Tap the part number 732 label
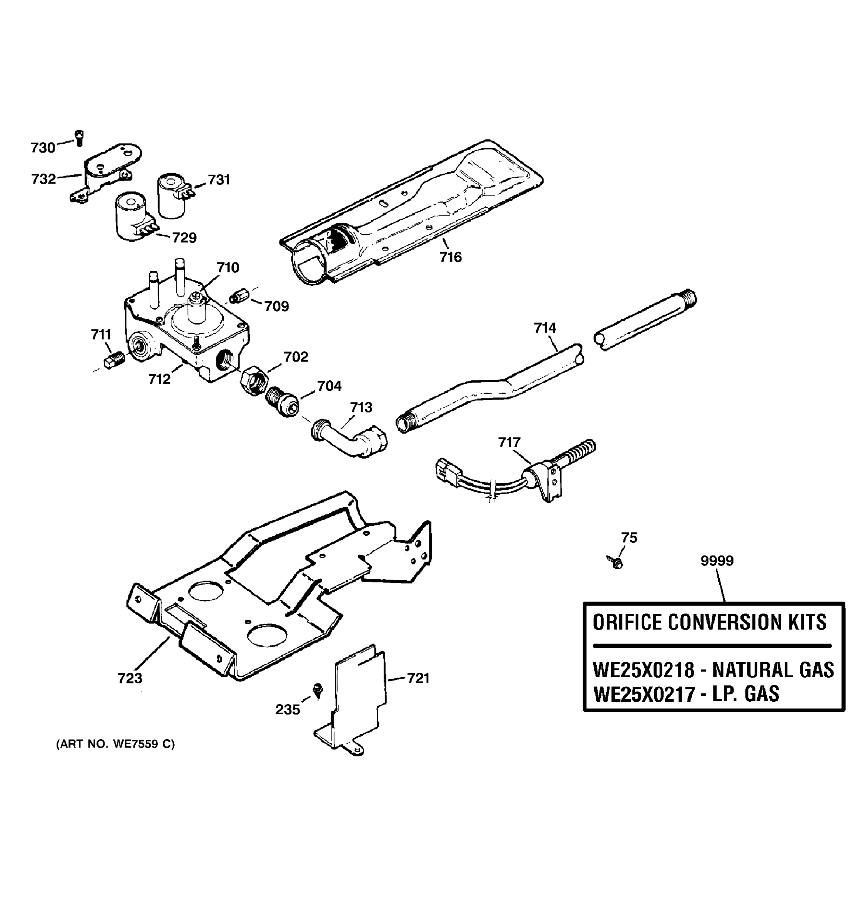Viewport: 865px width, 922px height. coord(43,179)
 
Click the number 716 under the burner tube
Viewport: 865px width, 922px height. coord(451,257)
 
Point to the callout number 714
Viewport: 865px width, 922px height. coord(545,328)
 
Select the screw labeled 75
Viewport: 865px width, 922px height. coord(615,562)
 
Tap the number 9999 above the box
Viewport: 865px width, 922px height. coord(717,561)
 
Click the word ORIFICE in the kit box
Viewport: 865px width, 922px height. coord(627,622)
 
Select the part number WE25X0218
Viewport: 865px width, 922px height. coord(643,671)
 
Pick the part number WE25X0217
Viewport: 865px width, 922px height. coord(643,694)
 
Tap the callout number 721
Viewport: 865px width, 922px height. coord(418,678)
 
